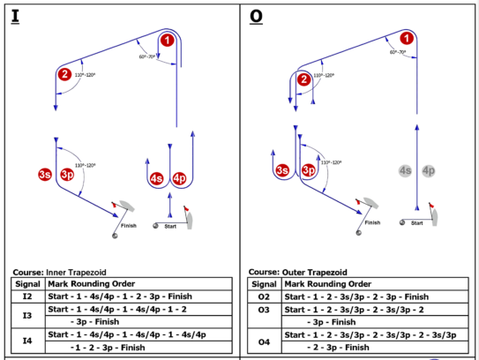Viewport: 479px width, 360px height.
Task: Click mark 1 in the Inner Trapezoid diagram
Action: coord(167,40)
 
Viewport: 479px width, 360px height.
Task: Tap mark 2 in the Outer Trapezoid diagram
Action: coord(303,79)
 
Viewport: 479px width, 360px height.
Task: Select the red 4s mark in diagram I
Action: coord(156,178)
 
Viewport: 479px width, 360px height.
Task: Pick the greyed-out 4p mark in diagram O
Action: coord(429,171)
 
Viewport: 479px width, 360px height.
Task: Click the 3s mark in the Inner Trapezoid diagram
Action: coord(45,175)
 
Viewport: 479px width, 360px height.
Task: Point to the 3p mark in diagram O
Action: coord(309,170)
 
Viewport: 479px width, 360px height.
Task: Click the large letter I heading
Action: coord(15,17)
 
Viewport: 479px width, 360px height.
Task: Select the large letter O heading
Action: coord(256,17)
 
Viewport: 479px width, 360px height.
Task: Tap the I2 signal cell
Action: coord(28,296)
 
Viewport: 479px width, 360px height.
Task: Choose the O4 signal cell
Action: coord(265,341)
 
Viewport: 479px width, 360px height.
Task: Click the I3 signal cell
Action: coord(28,316)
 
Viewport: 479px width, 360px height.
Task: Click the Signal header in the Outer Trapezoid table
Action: coord(265,284)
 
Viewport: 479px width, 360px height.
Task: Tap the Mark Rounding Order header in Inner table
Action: coord(92,284)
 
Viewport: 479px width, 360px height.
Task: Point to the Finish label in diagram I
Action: coord(129,226)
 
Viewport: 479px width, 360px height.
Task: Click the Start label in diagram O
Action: coord(417,223)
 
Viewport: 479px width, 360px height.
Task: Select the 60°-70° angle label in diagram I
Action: coord(147,56)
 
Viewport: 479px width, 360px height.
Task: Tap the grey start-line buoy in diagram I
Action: coord(156,226)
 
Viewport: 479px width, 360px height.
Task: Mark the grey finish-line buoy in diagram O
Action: coord(359,233)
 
